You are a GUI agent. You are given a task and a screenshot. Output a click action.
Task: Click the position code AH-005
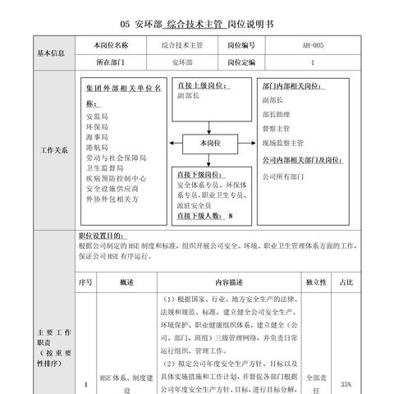(313, 46)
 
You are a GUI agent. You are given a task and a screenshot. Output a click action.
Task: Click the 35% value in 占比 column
(346, 383)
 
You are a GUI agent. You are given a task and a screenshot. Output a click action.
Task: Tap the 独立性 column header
(316, 282)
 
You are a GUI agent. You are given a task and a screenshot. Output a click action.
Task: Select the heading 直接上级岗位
(202, 85)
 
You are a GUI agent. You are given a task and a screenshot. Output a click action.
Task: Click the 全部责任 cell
(316, 383)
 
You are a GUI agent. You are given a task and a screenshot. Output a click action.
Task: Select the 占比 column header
(346, 282)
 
